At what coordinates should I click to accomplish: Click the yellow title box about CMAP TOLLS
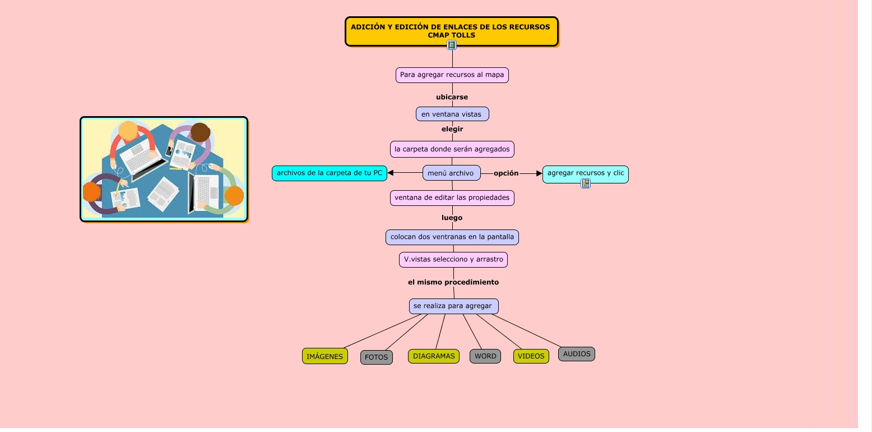[x=452, y=31]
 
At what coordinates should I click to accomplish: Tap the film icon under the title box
[x=452, y=45]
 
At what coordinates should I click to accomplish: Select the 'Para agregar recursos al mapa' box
[x=452, y=75]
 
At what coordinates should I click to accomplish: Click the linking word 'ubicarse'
[x=452, y=97]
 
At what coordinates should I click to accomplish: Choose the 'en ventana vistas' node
[x=452, y=114]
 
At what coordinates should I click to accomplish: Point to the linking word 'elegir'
[x=452, y=129]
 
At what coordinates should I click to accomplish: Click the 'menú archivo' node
[x=452, y=173]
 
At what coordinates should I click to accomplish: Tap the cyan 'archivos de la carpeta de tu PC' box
[x=330, y=173]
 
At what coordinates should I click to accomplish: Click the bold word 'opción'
[x=506, y=173]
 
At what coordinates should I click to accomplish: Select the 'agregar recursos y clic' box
[x=586, y=174]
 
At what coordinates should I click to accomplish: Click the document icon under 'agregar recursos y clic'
[x=586, y=183]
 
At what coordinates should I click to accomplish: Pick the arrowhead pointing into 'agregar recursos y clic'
[x=540, y=173]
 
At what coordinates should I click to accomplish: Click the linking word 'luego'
[x=452, y=218]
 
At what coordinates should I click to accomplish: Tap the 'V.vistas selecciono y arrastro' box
[x=453, y=260]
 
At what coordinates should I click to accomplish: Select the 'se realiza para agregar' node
[x=453, y=306]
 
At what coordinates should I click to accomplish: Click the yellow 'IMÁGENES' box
[x=324, y=356]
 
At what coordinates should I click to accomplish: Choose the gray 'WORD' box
[x=485, y=356]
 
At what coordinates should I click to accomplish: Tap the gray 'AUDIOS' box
[x=577, y=354]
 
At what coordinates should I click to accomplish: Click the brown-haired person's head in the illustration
[x=201, y=132]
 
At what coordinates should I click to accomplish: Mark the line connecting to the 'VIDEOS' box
[x=499, y=332]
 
